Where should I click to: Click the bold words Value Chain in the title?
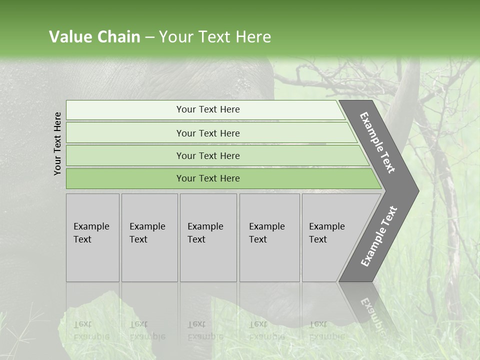coord(94,37)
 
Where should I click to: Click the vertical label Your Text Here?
coord(57,143)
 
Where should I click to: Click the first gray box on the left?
coord(92,260)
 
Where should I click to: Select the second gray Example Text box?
coord(149,260)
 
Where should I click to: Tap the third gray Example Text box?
coord(208,260)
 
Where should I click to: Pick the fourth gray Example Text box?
coord(269,260)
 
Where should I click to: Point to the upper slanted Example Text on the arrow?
coord(377,143)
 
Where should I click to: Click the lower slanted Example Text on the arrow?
coord(378,236)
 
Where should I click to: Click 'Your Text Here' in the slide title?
coord(215,37)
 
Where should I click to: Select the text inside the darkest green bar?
coord(208,178)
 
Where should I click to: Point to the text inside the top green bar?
coord(208,109)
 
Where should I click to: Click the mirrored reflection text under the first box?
coord(91,330)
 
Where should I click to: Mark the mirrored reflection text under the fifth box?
coord(326,330)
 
